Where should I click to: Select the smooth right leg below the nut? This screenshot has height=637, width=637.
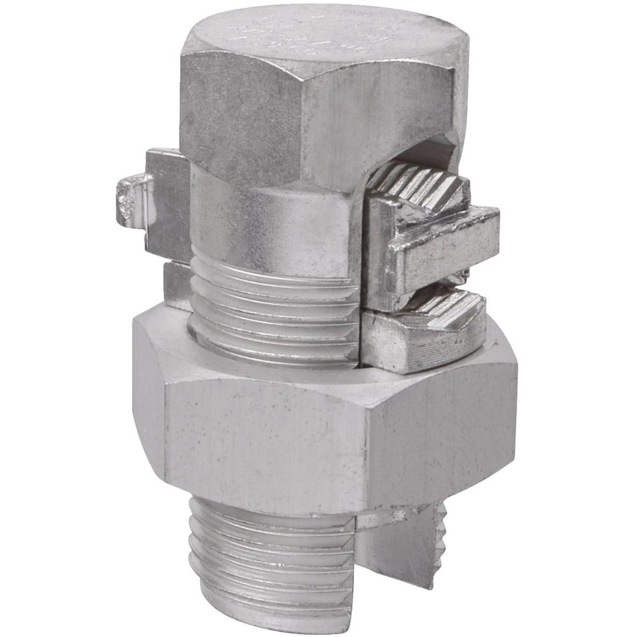pyautogui.click(x=395, y=548)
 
